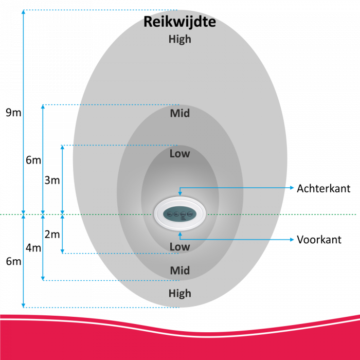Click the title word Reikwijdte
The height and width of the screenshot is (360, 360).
point(179,22)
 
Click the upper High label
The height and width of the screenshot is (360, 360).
point(180,39)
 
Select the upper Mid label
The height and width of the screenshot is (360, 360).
point(180,113)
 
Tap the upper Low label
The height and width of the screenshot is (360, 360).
point(180,153)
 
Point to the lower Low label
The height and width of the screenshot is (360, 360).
point(180,247)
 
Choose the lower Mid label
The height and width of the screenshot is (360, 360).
point(180,271)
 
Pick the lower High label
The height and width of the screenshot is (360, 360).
point(180,294)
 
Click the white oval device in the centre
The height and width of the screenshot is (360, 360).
point(180,213)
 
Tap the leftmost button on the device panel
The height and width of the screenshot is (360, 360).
point(170,214)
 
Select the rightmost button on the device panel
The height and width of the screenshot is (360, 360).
point(190,214)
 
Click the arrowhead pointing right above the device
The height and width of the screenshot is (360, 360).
point(292,188)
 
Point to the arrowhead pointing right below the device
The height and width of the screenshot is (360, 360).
point(292,240)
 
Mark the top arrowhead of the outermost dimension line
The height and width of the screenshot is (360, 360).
point(23,12)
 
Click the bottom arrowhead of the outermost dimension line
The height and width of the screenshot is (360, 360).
point(23,305)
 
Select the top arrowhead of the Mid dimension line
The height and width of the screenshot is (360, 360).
point(43,107)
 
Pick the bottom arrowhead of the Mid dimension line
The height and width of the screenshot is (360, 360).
point(43,278)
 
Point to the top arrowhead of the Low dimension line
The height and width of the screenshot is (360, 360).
point(62,147)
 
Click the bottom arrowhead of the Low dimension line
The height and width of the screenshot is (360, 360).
point(62,251)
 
